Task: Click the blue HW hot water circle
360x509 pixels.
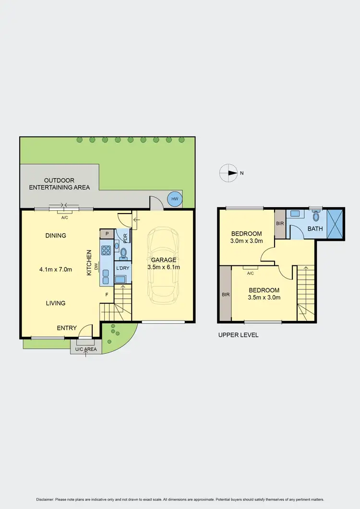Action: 174,199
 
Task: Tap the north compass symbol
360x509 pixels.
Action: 228,173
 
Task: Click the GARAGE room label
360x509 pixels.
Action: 164,260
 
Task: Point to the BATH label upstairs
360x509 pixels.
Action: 315,229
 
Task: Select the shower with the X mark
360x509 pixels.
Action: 336,224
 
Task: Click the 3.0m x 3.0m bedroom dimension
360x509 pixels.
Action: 247,241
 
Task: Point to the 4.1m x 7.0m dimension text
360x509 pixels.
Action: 56,269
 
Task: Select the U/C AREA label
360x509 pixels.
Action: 85,349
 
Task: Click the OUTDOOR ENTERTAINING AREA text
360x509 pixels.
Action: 60,184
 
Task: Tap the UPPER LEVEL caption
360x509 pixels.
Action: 238,335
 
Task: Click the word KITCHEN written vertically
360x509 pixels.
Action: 89,262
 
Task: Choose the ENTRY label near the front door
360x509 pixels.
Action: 67,328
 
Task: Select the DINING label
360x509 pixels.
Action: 56,236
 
